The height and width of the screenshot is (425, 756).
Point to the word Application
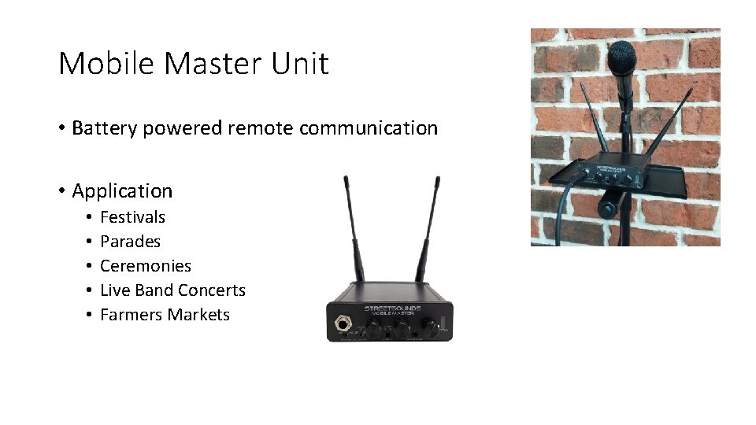point(122,191)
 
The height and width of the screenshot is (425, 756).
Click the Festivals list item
point(132,217)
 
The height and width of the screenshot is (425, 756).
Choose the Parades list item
point(130,242)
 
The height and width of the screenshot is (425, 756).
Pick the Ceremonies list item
point(146,266)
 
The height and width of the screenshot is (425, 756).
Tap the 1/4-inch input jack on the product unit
point(344,323)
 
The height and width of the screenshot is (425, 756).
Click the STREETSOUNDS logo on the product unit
point(391,309)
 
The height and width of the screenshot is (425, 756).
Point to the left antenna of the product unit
point(351,228)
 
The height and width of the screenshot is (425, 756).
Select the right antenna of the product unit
point(428,228)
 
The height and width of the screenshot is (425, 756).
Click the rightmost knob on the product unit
point(431,326)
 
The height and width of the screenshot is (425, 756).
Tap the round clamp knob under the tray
point(608,209)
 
